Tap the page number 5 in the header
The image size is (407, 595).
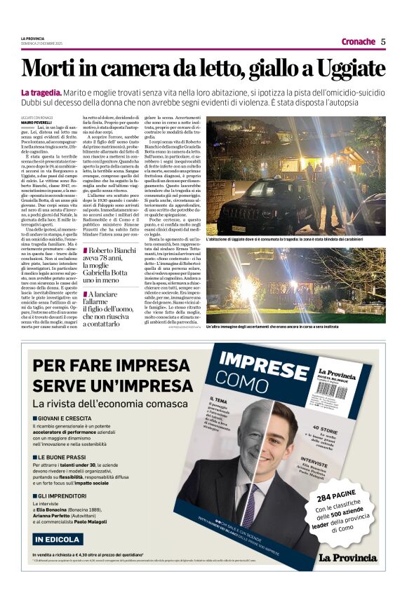[383, 41]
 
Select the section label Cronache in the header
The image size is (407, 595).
[358, 41]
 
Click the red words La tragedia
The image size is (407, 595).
[41, 93]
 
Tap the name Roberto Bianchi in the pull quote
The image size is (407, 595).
[119, 250]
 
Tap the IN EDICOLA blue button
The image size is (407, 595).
[58, 539]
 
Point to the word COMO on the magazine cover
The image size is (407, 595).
[242, 379]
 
